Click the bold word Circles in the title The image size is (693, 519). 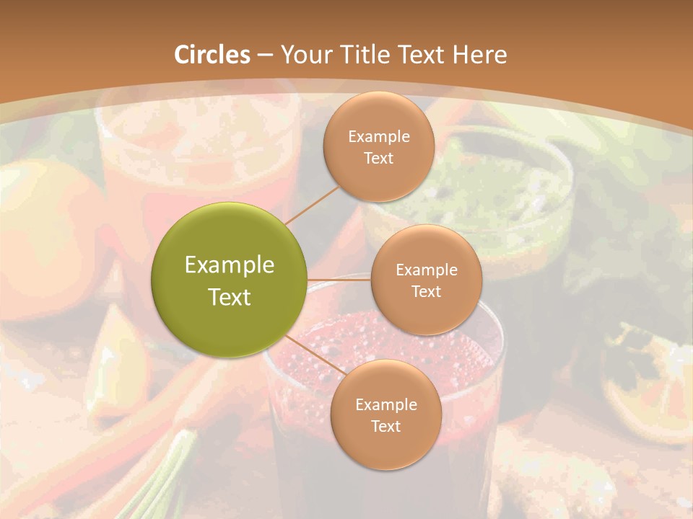click(212, 55)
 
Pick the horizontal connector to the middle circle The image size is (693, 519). click(339, 280)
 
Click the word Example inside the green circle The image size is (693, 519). click(230, 265)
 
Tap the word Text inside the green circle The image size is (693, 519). click(230, 297)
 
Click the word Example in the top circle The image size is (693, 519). click(379, 137)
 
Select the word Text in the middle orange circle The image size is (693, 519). click(427, 292)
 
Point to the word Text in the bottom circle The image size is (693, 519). click(385, 427)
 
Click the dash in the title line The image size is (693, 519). click(265, 55)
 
